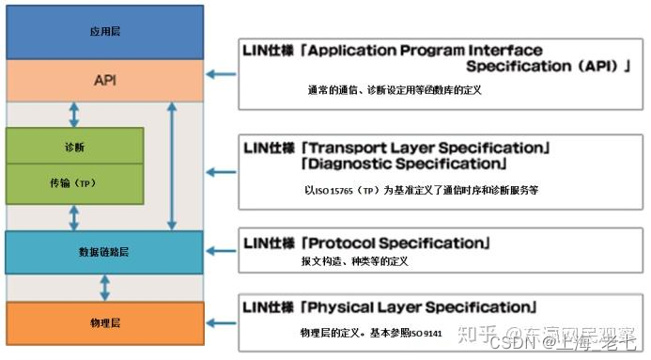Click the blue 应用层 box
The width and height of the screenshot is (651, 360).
pos(104,31)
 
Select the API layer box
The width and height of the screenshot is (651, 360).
pos(104,80)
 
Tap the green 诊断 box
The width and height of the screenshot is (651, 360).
pos(74,147)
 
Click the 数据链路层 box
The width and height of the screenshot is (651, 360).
pos(104,251)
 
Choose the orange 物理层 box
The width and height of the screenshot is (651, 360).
pos(104,322)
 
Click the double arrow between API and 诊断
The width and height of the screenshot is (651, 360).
pos(74,115)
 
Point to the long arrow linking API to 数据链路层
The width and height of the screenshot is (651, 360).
pos(171,166)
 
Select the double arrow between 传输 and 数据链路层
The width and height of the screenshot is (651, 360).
pos(74,218)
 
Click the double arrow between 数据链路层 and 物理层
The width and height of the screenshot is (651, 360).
pos(104,287)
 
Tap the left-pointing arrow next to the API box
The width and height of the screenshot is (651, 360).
pos(221,73)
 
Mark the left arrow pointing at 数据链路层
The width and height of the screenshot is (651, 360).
pos(221,250)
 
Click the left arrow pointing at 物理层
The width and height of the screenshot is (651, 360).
pos(221,321)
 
